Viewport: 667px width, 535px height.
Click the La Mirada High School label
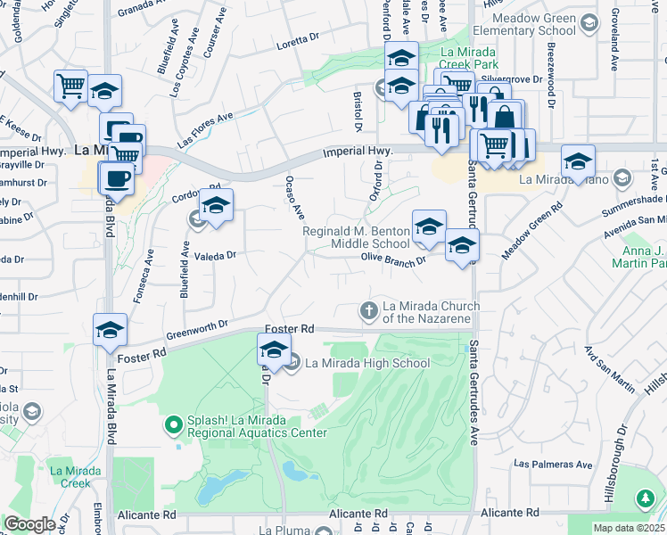pyautogui.click(x=367, y=363)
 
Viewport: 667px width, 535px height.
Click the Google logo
pyautogui.click(x=29, y=524)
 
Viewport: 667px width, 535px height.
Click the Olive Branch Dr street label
pyautogui.click(x=390, y=257)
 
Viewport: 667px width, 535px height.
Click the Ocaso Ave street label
pyautogui.click(x=295, y=198)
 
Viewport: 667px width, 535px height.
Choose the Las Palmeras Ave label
pyautogui.click(x=553, y=465)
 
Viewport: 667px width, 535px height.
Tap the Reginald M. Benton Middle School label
pyautogui.click(x=356, y=237)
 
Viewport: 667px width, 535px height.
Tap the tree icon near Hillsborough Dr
pyautogui.click(x=645, y=498)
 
